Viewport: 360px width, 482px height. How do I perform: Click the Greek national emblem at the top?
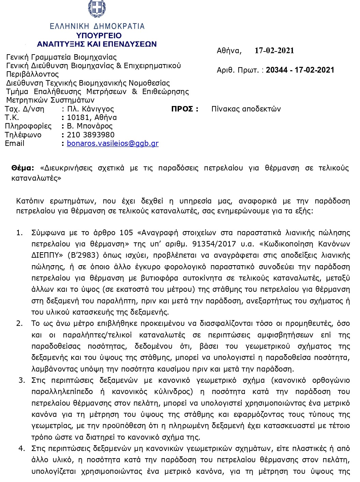click(97, 9)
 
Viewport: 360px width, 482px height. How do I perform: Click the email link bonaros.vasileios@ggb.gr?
click(112, 144)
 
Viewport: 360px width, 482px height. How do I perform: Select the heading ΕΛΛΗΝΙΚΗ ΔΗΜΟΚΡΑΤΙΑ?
click(97, 26)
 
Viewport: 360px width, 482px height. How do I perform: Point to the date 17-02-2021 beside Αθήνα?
click(274, 51)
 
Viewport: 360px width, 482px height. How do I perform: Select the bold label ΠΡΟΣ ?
click(184, 109)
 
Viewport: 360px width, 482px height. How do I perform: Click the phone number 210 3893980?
click(91, 135)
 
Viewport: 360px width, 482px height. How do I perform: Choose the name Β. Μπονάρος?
click(90, 126)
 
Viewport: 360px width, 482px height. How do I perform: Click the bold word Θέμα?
click(22, 168)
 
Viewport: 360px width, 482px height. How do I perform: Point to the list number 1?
click(19, 233)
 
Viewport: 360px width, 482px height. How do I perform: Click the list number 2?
click(19, 323)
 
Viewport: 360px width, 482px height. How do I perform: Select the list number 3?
click(21, 380)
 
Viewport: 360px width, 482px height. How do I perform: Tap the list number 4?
click(21, 448)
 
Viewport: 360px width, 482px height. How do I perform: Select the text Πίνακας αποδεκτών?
click(246, 109)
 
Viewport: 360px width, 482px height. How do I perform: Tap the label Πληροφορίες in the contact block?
click(28, 126)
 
